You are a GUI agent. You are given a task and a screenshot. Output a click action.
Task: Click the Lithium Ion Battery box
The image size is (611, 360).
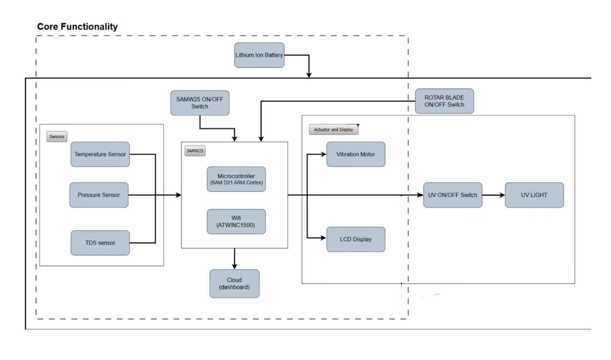click(x=259, y=55)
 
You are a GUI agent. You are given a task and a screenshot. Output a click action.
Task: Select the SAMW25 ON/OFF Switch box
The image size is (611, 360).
click(x=200, y=103)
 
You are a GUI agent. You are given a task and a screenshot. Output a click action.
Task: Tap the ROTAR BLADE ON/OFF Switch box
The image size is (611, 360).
click(x=444, y=101)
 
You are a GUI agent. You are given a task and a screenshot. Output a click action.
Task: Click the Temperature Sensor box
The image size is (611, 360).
click(x=100, y=154)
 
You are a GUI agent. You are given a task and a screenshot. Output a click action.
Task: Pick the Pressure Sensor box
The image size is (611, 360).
click(x=99, y=195)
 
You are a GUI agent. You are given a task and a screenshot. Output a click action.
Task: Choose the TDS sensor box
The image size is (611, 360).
click(x=100, y=243)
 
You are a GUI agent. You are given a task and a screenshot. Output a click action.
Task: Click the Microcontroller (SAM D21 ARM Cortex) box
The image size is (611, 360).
click(x=236, y=179)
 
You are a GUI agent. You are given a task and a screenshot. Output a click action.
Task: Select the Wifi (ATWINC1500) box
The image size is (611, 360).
click(x=236, y=221)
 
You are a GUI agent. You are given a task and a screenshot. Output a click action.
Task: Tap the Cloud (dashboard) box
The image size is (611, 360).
click(x=234, y=283)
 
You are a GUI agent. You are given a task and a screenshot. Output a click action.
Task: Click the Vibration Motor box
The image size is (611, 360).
click(x=355, y=154)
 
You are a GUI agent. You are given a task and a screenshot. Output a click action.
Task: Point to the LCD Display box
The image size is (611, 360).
click(x=355, y=239)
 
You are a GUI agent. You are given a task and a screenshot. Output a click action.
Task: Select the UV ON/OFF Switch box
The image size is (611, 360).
click(x=452, y=195)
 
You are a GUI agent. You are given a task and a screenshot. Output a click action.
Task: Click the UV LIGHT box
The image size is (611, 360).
click(x=534, y=195)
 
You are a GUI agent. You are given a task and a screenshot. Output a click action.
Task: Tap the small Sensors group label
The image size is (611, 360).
click(x=57, y=137)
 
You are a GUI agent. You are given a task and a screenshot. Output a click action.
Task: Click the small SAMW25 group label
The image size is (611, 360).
click(x=195, y=151)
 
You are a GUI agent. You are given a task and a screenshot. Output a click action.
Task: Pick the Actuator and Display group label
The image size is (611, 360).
click(x=334, y=130)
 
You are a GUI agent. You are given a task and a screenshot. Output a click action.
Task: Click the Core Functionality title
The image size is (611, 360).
click(x=78, y=27)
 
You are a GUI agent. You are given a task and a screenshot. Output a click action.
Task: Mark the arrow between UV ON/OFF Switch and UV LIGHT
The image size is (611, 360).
click(x=493, y=195)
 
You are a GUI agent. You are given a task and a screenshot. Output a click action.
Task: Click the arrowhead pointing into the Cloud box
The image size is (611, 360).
click(x=234, y=266)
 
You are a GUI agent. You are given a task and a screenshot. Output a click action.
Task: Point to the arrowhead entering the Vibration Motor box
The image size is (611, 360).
click(x=323, y=154)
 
